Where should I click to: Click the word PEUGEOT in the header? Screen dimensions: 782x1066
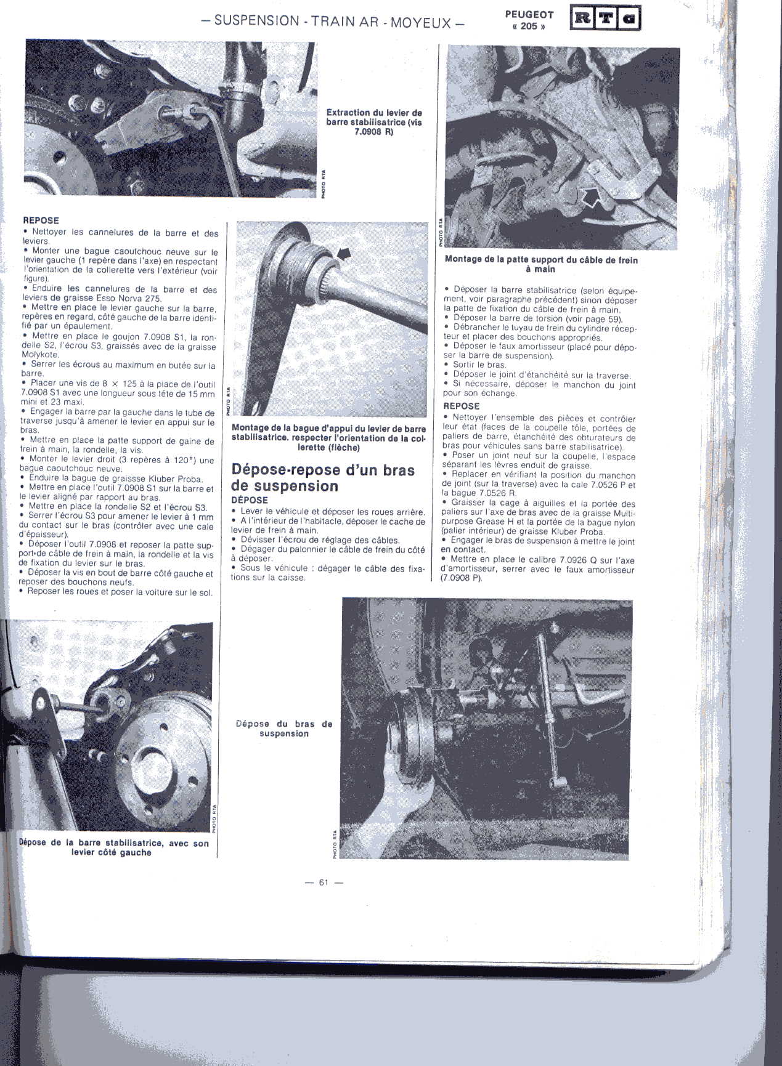coord(529,15)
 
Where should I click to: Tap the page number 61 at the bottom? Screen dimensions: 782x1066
coord(324,882)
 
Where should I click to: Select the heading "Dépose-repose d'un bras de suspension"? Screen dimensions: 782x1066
coord(323,478)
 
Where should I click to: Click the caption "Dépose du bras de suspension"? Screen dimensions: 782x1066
coord(284,729)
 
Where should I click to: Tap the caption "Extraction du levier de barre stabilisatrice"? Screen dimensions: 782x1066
coord(374,122)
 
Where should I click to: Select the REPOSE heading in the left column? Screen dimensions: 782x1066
coord(41,220)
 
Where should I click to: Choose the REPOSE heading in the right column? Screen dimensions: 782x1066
coord(462,406)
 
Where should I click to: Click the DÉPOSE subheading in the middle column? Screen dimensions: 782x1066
coord(250,499)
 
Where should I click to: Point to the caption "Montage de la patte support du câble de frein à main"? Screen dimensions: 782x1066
coord(541,264)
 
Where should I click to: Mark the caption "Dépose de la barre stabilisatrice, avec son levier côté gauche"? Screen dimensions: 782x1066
coord(113,847)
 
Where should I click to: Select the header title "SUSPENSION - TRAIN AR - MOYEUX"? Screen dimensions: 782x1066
coord(333,21)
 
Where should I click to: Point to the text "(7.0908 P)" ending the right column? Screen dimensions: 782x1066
coord(462,579)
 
